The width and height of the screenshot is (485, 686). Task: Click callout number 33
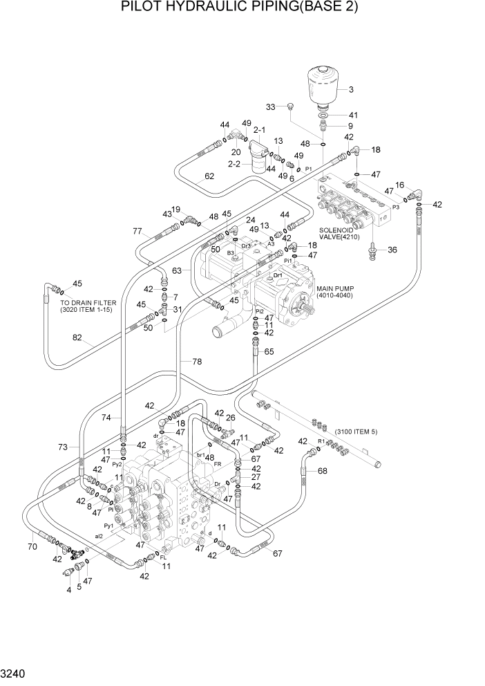click(271, 106)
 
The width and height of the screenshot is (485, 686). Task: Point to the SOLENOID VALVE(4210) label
click(344, 233)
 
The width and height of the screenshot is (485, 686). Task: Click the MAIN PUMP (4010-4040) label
click(334, 292)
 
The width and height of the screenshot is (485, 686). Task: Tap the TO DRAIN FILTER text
click(88, 306)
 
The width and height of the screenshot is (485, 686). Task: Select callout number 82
click(77, 338)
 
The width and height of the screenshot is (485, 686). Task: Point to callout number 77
click(137, 232)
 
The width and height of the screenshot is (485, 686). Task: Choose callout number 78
click(197, 362)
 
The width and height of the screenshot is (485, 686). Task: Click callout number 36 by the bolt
click(392, 250)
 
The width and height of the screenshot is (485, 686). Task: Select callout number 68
click(323, 471)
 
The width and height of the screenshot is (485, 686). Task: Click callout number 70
click(32, 547)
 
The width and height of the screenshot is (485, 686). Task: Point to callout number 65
click(269, 352)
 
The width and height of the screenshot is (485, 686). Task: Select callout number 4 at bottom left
click(68, 590)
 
